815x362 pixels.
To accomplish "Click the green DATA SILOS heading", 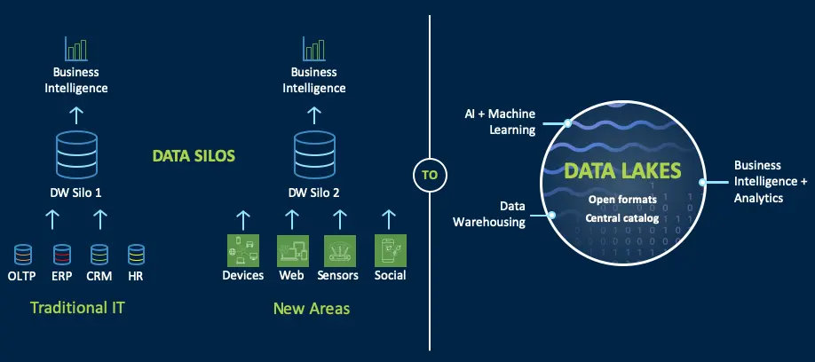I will pyautogui.click(x=193, y=156).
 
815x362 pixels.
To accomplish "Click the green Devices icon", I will pyautogui.click(x=242, y=249).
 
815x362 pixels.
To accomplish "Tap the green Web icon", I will pyautogui.click(x=291, y=249).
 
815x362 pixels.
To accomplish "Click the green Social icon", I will pyautogui.click(x=390, y=249).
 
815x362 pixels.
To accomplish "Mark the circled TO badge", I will pyautogui.click(x=430, y=175).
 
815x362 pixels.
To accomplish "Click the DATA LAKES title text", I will pyautogui.click(x=622, y=170).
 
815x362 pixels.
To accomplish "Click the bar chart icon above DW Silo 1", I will pyautogui.click(x=75, y=49).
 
